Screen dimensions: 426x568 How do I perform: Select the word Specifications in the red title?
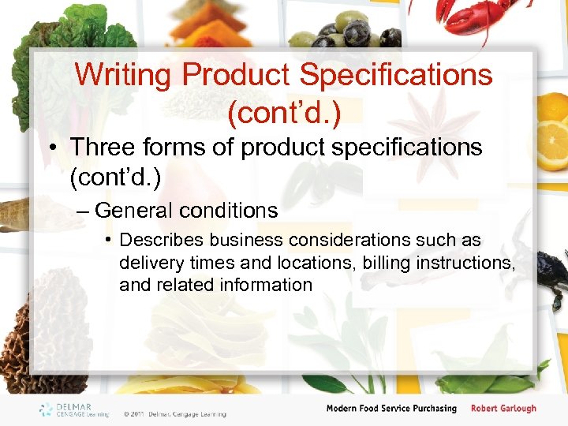point(398,76)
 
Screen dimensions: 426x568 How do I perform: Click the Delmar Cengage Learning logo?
point(75,409)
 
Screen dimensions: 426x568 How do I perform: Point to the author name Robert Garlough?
point(503,409)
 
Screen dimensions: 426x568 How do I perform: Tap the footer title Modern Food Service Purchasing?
point(391,409)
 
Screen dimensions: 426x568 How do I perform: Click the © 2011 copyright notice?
point(174,413)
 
